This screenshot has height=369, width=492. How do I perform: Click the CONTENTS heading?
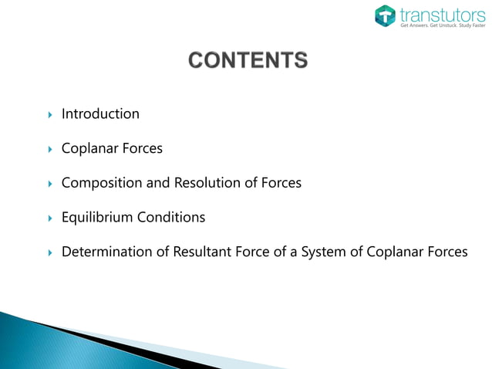point(248,59)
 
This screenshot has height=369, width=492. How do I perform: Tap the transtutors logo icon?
point(386,15)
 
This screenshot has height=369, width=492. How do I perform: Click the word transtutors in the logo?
point(436,13)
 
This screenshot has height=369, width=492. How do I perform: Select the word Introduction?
point(100,114)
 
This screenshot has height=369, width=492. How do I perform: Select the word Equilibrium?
point(97,218)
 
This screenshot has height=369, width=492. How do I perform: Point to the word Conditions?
point(171,218)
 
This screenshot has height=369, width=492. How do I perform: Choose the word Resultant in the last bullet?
point(203,252)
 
